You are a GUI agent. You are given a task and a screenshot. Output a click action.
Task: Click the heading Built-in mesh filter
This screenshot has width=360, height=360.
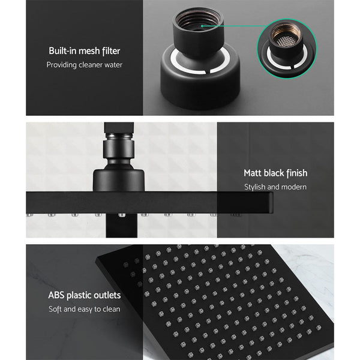(85, 51)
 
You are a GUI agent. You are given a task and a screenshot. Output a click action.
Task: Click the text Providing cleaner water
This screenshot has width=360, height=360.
(85, 65)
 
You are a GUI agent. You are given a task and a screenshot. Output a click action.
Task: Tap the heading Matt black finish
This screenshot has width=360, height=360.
(275, 173)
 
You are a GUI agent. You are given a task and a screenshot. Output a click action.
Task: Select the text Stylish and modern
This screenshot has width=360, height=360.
(275, 187)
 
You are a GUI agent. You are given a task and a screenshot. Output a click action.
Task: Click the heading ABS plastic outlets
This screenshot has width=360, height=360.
(85, 295)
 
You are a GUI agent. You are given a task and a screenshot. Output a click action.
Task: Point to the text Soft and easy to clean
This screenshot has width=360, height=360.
(85, 310)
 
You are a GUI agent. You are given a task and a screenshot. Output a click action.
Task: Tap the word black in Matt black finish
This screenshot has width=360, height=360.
(275, 173)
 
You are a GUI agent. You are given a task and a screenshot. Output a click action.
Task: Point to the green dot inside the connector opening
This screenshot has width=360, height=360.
(203, 26)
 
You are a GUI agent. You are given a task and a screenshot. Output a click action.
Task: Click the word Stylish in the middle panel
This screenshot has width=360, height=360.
(256, 187)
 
